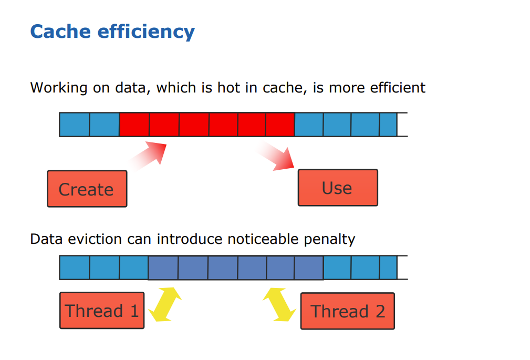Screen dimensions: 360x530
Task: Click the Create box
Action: coord(87,189)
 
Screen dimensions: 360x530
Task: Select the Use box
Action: coord(338,188)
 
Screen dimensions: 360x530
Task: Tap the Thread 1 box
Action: coord(102,311)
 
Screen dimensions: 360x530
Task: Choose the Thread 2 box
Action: coord(347,311)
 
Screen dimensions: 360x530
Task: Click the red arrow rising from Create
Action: coord(150,156)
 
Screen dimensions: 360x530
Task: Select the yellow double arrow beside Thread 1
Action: coord(165,304)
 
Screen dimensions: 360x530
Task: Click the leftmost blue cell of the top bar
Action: coord(75,125)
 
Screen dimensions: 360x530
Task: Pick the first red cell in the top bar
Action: coord(134,125)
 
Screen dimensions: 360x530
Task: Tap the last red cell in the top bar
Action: coord(279,125)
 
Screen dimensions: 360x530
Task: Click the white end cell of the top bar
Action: coord(402,125)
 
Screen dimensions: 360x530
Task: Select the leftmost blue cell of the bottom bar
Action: coord(75,268)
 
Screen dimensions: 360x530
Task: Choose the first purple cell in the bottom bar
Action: coord(163,268)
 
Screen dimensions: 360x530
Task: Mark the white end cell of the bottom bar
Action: coord(402,268)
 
